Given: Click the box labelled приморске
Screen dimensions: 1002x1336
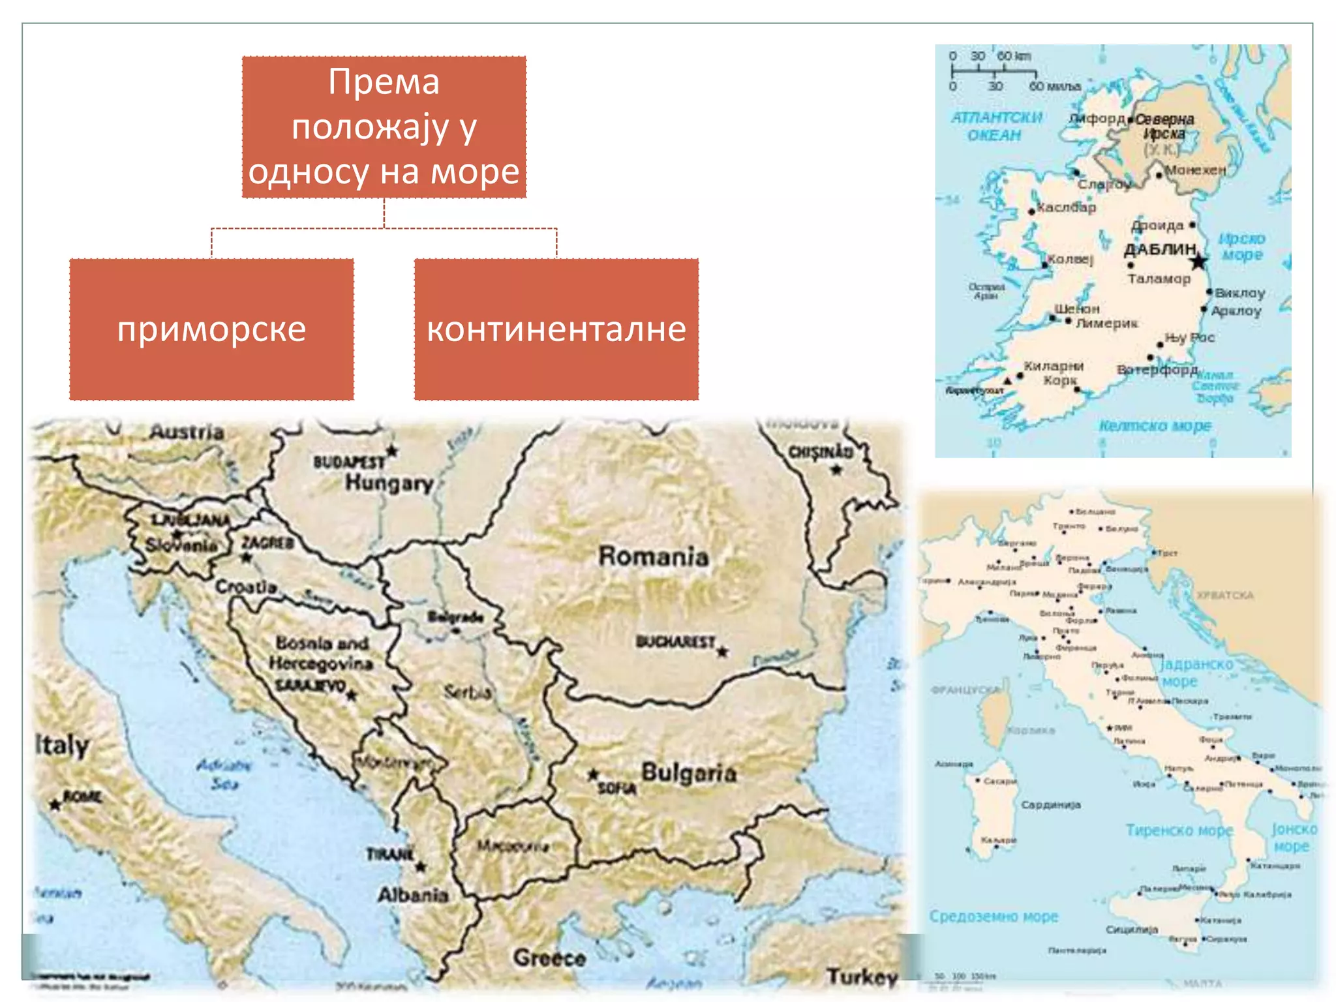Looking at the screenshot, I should point(211,329).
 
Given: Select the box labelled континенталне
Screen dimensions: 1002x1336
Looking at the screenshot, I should point(556,329).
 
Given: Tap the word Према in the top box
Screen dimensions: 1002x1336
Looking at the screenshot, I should point(384,82).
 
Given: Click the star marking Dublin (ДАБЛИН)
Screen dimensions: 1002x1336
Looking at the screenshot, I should point(1198,262).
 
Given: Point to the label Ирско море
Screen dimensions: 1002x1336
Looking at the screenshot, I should point(1241,247).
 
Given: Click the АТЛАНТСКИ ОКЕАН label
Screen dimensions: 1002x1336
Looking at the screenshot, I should point(995,126).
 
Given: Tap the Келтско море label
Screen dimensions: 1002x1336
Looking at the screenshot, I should point(1155,426).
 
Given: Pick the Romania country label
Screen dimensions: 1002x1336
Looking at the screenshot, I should point(653,556).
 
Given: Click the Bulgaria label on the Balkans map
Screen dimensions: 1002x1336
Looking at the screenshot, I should point(689,773).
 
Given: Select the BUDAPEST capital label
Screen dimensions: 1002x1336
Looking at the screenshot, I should point(349,462).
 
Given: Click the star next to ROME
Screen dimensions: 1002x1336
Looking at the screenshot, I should point(55,805).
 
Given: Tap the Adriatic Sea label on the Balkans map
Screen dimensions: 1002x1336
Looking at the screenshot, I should point(224,774).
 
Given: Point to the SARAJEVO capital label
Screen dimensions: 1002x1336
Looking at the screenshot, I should point(310,686).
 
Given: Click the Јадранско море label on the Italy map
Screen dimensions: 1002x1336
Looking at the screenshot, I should point(1196,673).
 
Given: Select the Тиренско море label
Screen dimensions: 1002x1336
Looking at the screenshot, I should point(1179,830).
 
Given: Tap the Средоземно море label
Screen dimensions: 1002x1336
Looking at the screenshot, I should point(993,917).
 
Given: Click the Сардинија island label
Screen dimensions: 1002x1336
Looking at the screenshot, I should point(1050,805).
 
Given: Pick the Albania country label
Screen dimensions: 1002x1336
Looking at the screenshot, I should point(413,895).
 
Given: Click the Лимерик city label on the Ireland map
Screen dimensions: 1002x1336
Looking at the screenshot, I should point(1106,323).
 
